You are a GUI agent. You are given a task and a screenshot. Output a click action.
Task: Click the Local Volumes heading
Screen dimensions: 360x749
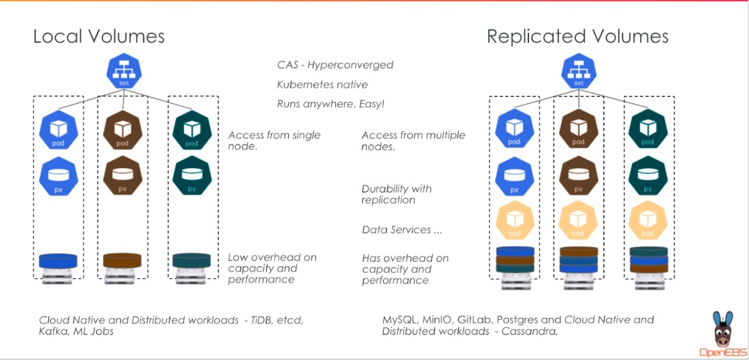pyautogui.click(x=99, y=36)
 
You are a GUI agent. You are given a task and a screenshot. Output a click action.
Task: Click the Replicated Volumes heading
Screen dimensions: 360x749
pyautogui.click(x=577, y=36)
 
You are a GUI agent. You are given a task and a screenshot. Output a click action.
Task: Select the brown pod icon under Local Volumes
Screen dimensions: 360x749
pyautogui.click(x=122, y=130)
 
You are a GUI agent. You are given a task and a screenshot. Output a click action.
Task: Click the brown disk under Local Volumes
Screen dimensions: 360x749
pyautogui.click(x=122, y=260)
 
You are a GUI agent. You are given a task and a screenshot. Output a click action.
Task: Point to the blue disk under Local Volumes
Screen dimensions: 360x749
pyautogui.click(x=59, y=260)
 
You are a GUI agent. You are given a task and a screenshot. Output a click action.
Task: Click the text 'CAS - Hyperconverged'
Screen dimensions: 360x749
pyautogui.click(x=335, y=65)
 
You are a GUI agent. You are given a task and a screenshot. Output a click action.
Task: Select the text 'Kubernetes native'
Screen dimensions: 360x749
pyautogui.click(x=322, y=85)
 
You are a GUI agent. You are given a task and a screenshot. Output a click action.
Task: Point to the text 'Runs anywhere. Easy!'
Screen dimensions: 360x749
pyautogui.click(x=330, y=104)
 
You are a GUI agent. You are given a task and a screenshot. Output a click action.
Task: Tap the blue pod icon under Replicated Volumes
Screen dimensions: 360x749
pyautogui.click(x=514, y=130)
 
